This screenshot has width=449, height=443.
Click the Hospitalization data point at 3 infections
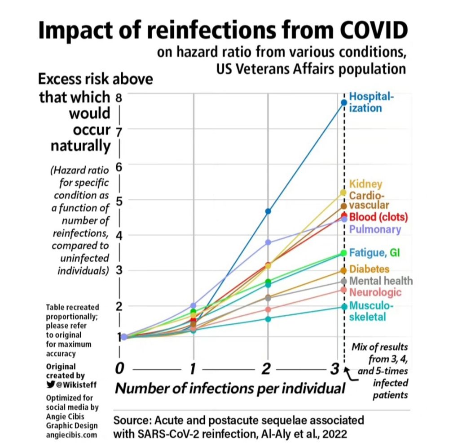tap(344, 103)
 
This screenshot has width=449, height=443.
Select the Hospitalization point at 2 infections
tap(269, 211)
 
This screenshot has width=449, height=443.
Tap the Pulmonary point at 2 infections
tap(269, 242)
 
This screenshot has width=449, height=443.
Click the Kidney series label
tap(365, 184)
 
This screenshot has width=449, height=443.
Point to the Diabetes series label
tap(369, 269)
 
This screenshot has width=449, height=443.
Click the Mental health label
tap(381, 281)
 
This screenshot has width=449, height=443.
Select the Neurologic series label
tap(375, 293)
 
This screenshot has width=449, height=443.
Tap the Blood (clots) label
tap(379, 217)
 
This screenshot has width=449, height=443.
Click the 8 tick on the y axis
tap(119, 97)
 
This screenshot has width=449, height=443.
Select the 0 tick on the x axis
tap(119, 369)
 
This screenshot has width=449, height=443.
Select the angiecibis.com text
tap(72, 435)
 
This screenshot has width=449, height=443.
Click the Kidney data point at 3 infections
tap(344, 192)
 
